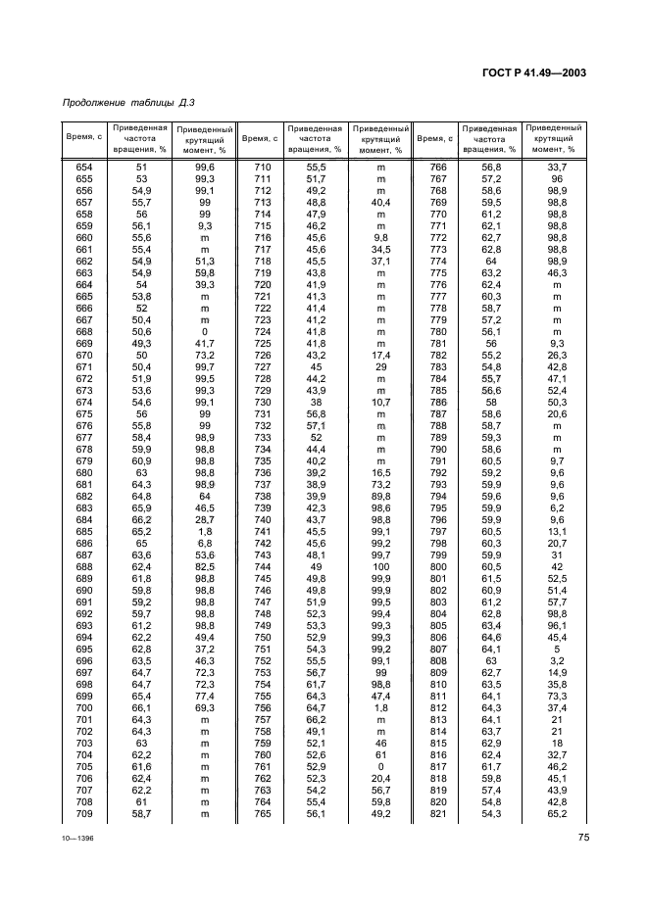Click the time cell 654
84,169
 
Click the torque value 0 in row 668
206,332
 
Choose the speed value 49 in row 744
317,567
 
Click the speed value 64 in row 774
491,262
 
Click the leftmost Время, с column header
84,139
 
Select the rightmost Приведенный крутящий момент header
554,139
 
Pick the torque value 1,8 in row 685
206,531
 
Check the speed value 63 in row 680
140,472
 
